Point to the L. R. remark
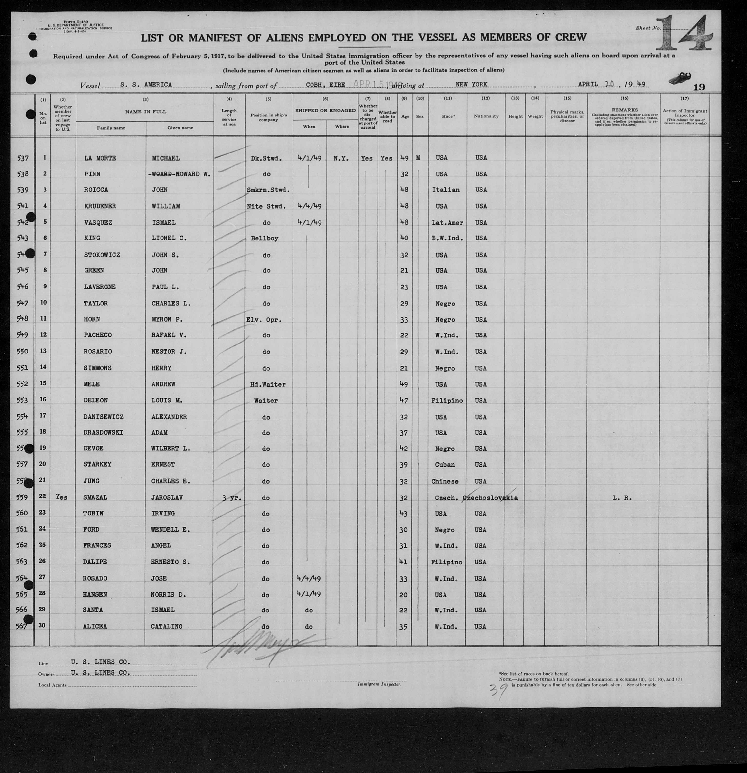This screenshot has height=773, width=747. click(x=622, y=498)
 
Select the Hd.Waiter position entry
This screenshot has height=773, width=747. click(x=268, y=384)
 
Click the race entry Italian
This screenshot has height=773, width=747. click(x=445, y=190)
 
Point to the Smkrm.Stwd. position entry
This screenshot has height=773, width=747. click(x=268, y=190)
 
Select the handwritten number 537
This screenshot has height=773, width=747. click(x=23, y=158)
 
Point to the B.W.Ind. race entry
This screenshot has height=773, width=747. click(x=447, y=238)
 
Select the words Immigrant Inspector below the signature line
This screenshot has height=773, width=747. click(x=379, y=684)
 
